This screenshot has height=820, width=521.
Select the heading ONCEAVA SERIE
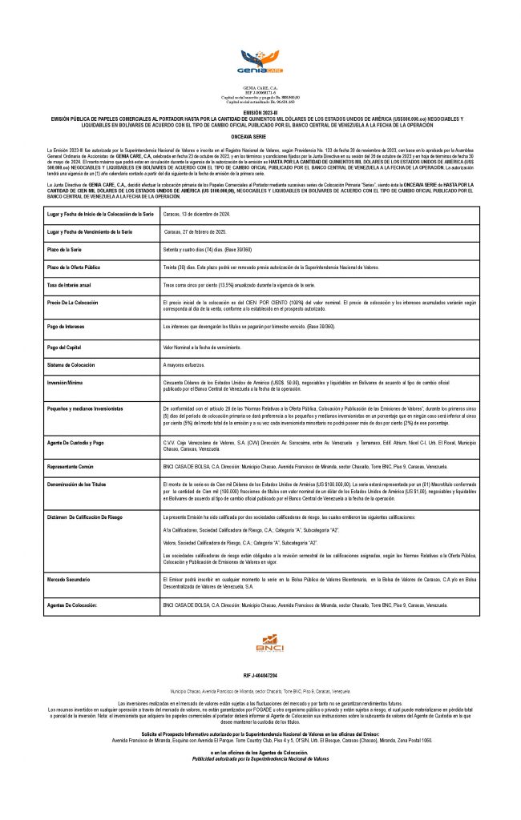coord(260,137)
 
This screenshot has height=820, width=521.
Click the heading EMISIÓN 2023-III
coord(260,113)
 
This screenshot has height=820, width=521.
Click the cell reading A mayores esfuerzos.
coord(184,365)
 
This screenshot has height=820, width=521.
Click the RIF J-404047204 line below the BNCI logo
coord(260,675)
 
